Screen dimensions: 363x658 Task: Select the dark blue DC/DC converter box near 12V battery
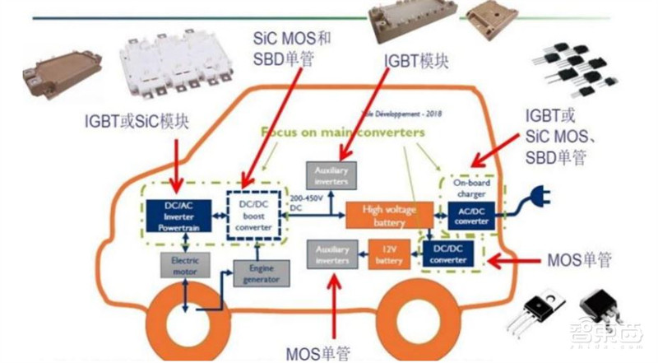click(x=455, y=252)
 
